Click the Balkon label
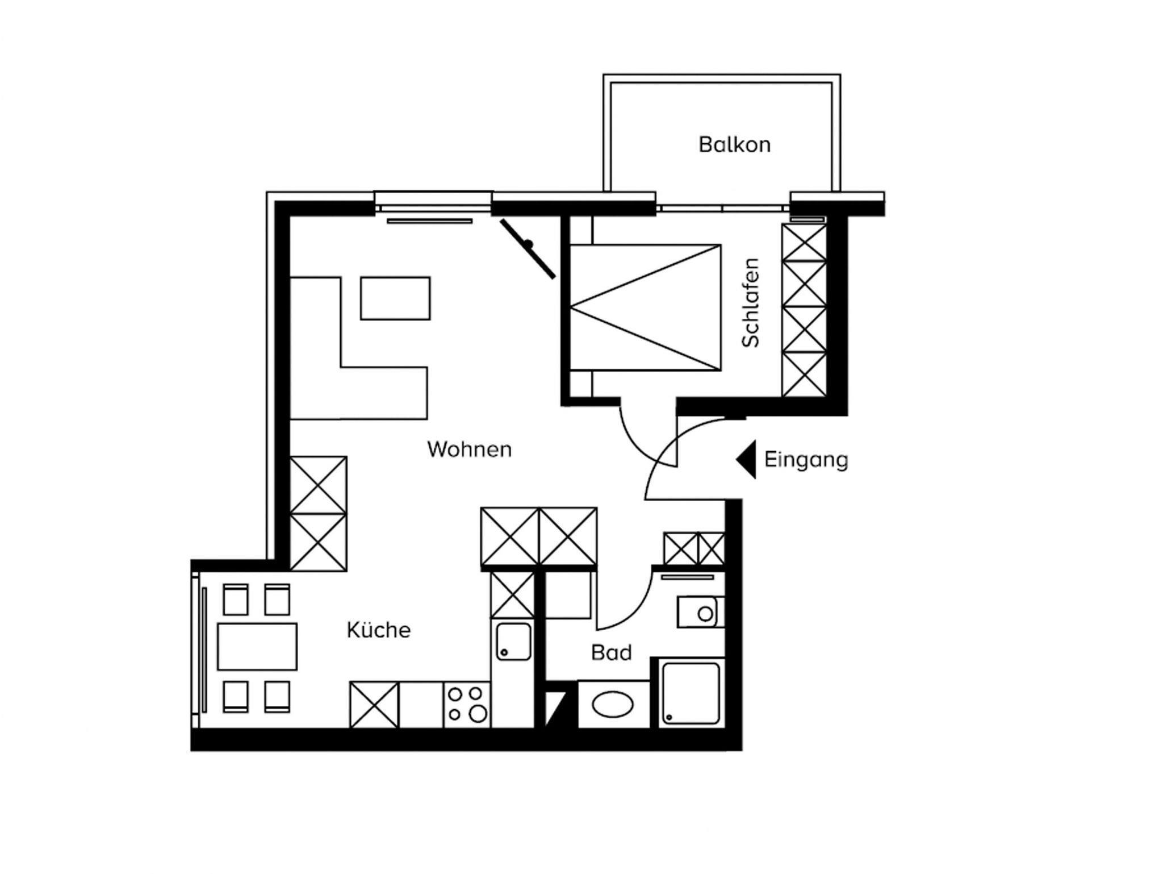[734, 144]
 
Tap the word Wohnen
[470, 449]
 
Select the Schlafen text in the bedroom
[750, 302]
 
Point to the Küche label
[379, 630]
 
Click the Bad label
[612, 652]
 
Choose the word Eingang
[806, 460]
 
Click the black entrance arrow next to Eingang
[746, 459]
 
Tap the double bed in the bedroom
[646, 307]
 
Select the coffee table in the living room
[395, 298]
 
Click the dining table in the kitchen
[257, 646]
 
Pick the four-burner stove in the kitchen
[467, 705]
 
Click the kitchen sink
[513, 642]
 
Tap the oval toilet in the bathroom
[613, 705]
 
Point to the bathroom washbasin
[701, 612]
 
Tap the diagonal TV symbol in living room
[528, 249]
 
